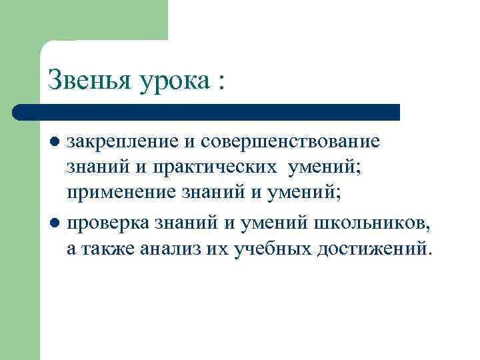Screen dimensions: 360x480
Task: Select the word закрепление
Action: pos(124,142)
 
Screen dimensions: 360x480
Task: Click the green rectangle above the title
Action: pos(103,20)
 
